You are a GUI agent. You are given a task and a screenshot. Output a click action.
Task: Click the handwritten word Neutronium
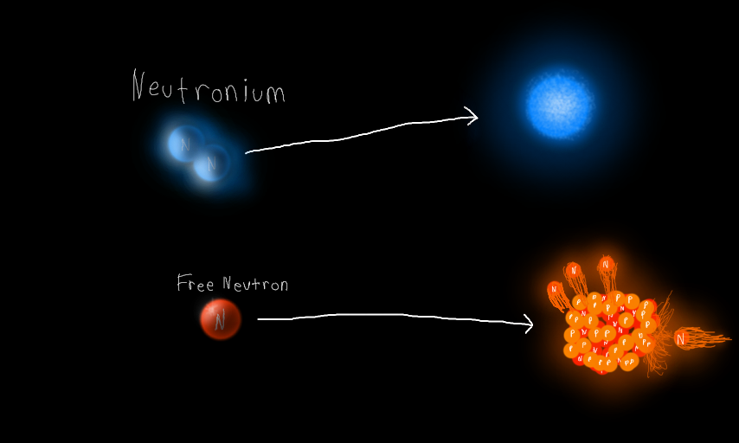click(208, 88)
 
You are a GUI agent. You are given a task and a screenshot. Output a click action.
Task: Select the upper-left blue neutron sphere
click(185, 143)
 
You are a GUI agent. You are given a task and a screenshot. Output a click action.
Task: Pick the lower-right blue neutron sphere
click(212, 162)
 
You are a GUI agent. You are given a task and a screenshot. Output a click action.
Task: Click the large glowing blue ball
click(560, 105)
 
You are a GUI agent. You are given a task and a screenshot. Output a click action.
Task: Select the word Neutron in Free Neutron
click(255, 284)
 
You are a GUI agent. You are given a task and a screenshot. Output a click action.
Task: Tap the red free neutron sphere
click(220, 320)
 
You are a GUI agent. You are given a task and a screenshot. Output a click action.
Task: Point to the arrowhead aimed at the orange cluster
click(529, 324)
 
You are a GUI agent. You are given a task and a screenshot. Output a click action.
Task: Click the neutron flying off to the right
click(681, 339)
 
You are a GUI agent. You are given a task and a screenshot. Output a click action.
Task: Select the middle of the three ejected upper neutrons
click(573, 270)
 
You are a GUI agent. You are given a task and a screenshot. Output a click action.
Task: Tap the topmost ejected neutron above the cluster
click(606, 263)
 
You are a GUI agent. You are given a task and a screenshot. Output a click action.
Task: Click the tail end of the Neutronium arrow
click(247, 152)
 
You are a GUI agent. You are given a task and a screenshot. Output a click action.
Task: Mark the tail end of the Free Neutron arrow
click(260, 319)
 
